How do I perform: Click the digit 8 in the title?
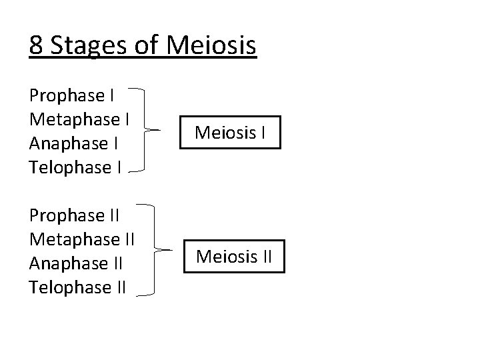click(x=37, y=45)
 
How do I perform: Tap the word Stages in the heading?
click(x=85, y=46)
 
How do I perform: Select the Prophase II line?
click(x=75, y=216)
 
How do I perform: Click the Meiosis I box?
click(x=230, y=131)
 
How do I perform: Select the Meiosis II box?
click(x=234, y=255)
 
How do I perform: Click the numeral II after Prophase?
click(x=113, y=216)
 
